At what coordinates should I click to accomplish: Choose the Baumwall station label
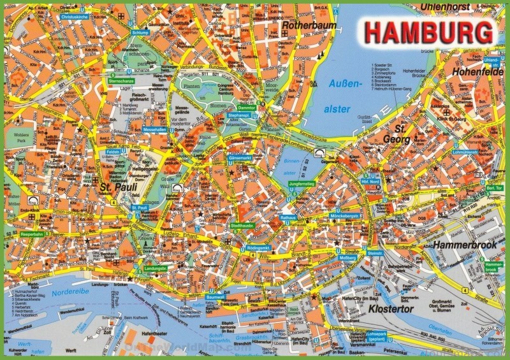point(216,297)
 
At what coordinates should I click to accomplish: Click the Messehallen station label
point(154,129)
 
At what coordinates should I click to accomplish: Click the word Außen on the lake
point(339,84)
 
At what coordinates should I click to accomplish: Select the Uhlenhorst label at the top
point(448,7)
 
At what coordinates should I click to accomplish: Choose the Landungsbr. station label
point(156,269)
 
